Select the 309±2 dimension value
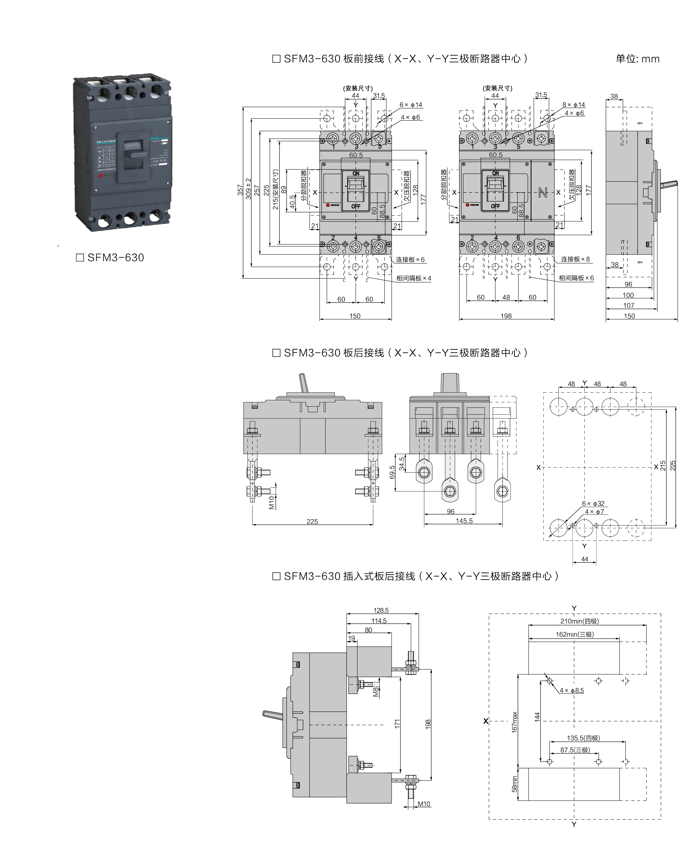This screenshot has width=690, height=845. point(249,188)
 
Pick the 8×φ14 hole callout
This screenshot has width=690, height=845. point(573,105)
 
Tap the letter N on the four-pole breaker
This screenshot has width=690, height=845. point(543,193)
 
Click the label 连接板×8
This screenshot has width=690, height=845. point(575,259)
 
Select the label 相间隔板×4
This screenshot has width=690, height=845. point(413,278)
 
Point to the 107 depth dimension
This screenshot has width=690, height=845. point(629,305)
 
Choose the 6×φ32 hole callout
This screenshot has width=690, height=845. point(593,504)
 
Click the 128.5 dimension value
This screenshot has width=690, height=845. point(381,610)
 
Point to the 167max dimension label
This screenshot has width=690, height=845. point(515,722)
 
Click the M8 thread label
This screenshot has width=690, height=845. point(376,692)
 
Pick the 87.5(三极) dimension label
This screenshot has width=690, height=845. point(575,750)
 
